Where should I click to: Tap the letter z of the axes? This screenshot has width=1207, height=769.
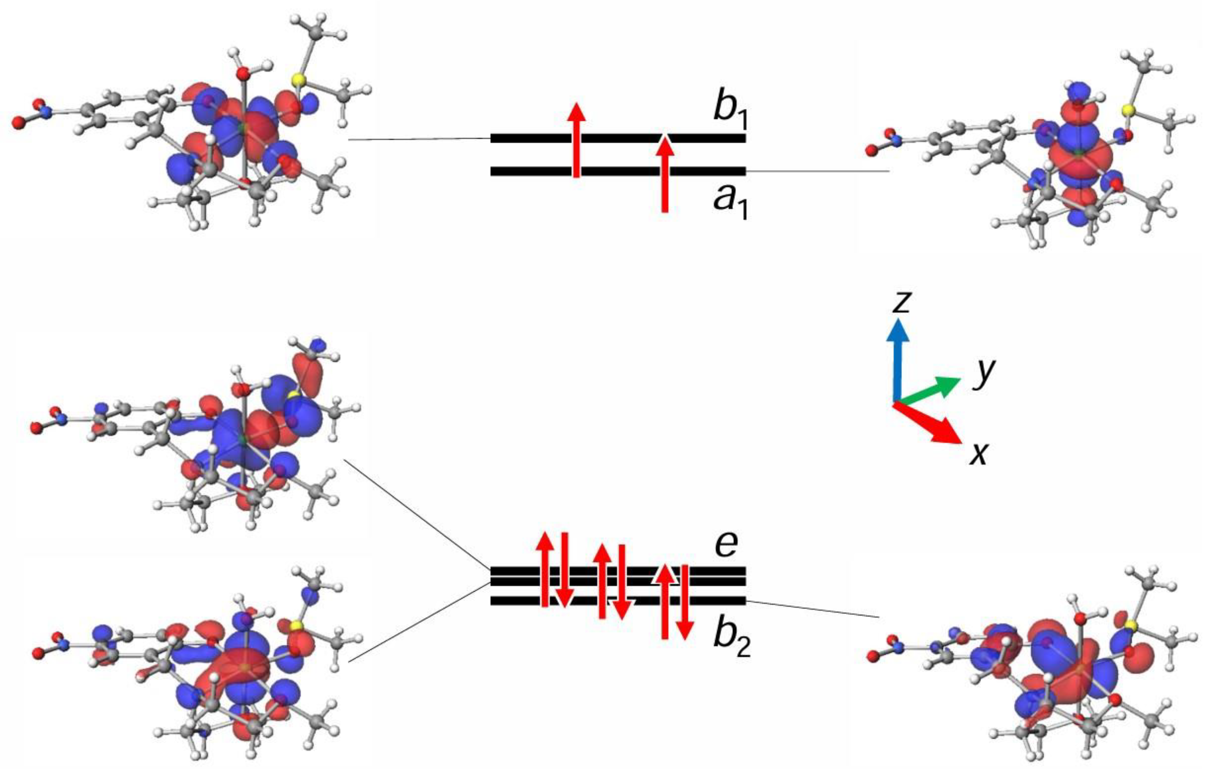pos(901,302)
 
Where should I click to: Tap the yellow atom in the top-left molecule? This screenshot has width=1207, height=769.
pos(299,80)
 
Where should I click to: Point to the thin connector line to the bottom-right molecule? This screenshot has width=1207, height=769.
pos(812,609)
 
